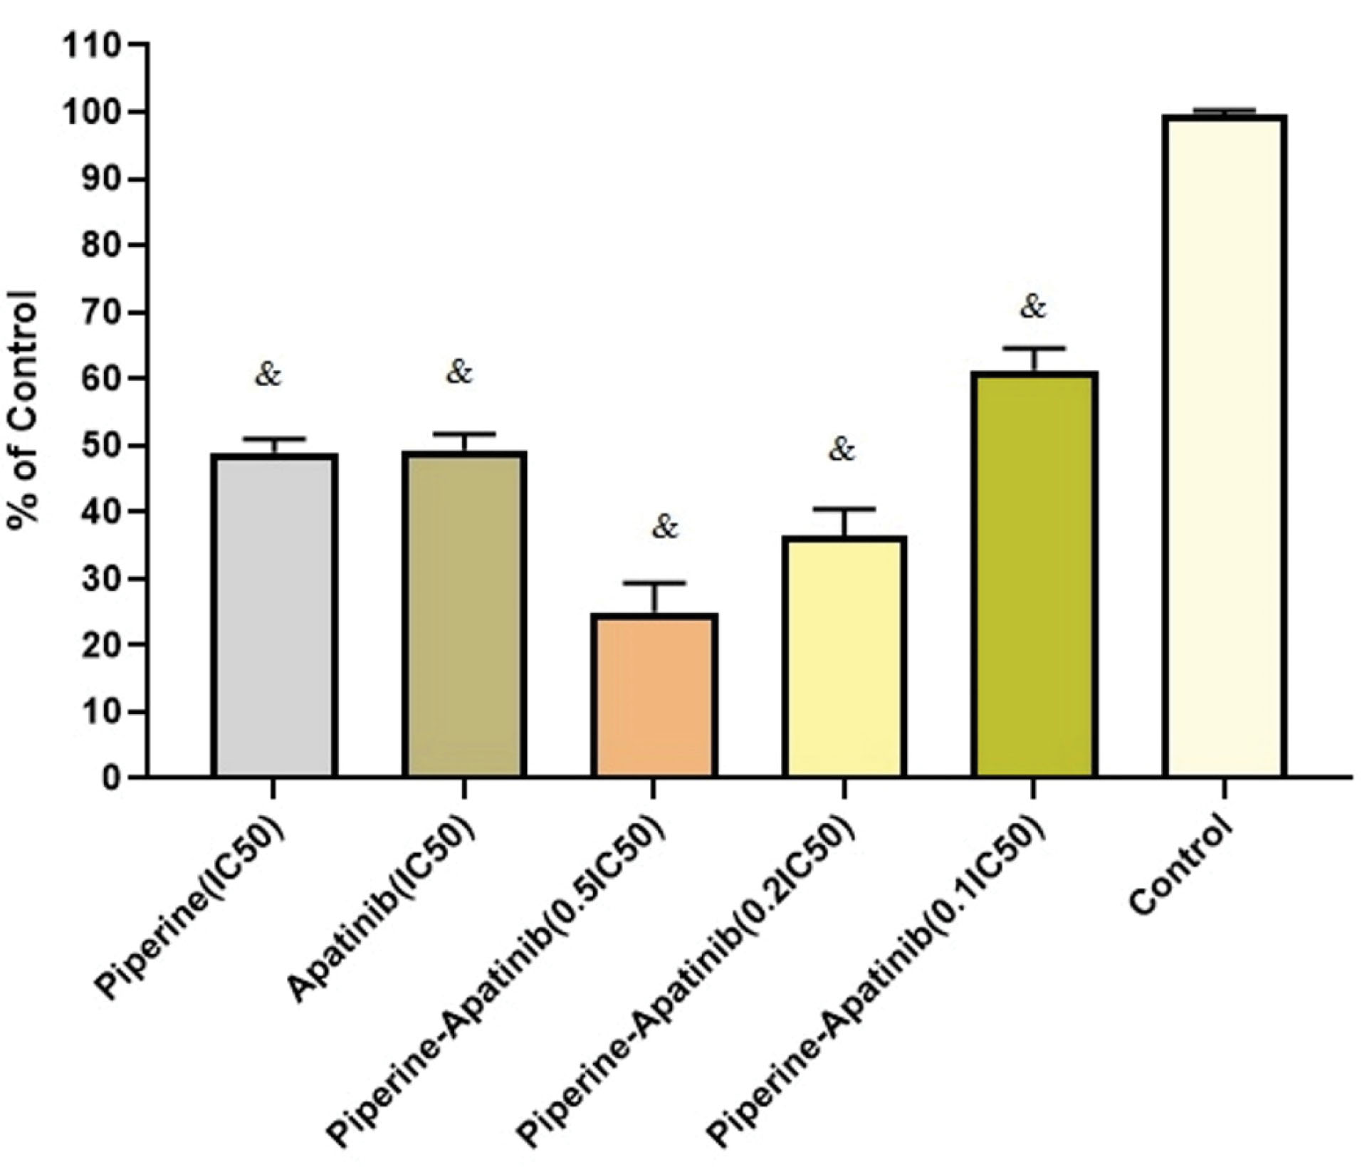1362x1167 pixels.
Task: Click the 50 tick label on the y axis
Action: coord(100,446)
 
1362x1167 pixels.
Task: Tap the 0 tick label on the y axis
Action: coord(110,778)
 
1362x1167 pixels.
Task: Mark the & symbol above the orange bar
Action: coord(666,528)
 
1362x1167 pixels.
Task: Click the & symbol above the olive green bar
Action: coord(1034,308)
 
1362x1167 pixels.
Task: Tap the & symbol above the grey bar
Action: coord(268,374)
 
